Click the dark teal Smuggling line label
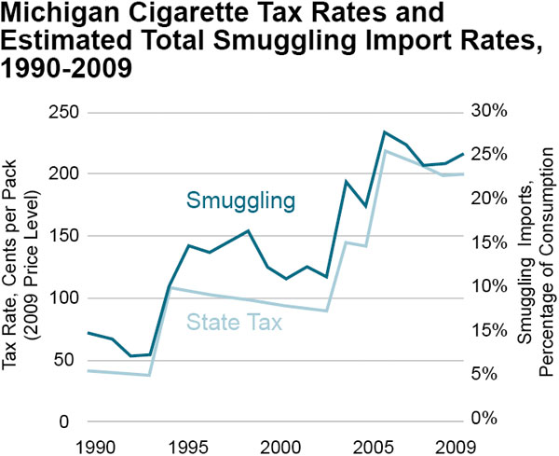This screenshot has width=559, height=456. [x=240, y=200]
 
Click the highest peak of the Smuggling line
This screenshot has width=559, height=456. [x=385, y=132]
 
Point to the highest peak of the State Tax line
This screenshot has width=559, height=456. [x=385, y=150]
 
